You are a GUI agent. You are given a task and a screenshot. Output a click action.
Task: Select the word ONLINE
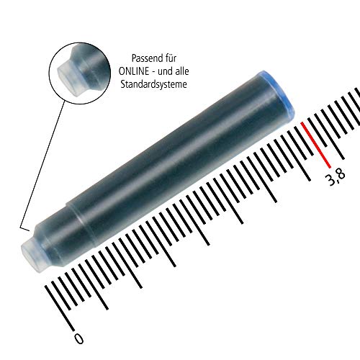pyautogui.click(x=135, y=71)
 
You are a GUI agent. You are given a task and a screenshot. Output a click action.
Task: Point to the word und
pyautogui.click(x=172, y=71)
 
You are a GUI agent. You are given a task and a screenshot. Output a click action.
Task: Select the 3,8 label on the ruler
pyautogui.click(x=336, y=176)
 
